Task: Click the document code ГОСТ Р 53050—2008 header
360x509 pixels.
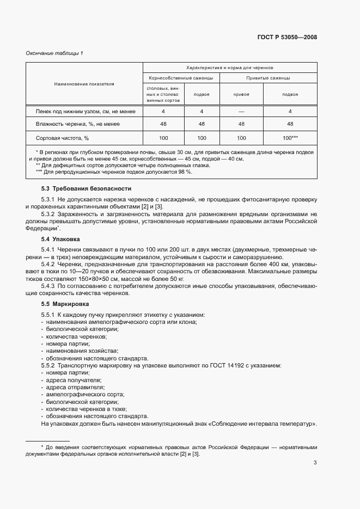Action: pos(286,38)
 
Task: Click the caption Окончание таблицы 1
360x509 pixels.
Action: pos(54,53)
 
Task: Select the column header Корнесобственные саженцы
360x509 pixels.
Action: pos(181,78)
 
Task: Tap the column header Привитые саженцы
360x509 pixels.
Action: pos(268,78)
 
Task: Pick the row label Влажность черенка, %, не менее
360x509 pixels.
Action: pos(86,124)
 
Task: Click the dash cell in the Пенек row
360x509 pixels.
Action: pos(241,111)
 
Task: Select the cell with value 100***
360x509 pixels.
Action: pos(290,138)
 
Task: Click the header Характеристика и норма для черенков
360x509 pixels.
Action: pos(229,68)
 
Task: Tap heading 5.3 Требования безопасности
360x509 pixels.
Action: pos(86,188)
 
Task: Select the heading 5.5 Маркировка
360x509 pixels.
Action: pos(64,304)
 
